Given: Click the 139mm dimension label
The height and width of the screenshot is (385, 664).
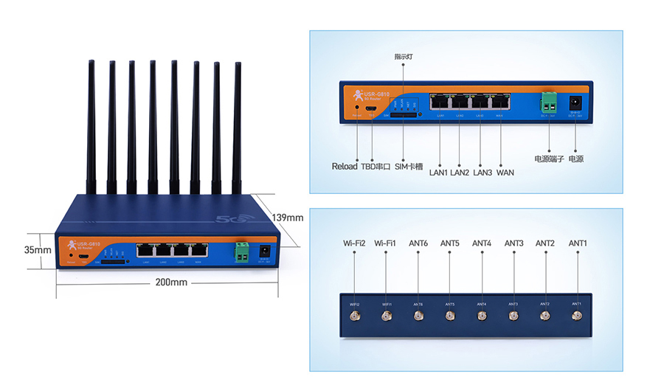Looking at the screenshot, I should [x=288, y=218].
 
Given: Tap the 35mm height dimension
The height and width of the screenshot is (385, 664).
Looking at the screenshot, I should [x=38, y=250].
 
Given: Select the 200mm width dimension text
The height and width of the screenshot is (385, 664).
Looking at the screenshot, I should [x=170, y=282].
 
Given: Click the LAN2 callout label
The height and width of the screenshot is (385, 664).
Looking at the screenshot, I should [x=460, y=173].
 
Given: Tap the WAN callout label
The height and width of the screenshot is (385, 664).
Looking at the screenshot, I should [x=505, y=173].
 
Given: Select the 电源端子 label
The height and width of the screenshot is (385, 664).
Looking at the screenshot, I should [x=549, y=159].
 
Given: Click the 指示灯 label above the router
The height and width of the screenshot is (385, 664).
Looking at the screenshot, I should [x=404, y=57].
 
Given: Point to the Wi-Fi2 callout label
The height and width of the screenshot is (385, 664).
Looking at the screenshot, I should [x=354, y=243].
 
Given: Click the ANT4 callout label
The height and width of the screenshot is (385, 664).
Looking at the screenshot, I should [x=482, y=243].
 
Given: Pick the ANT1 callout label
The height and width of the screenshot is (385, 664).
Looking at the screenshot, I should [x=578, y=243].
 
